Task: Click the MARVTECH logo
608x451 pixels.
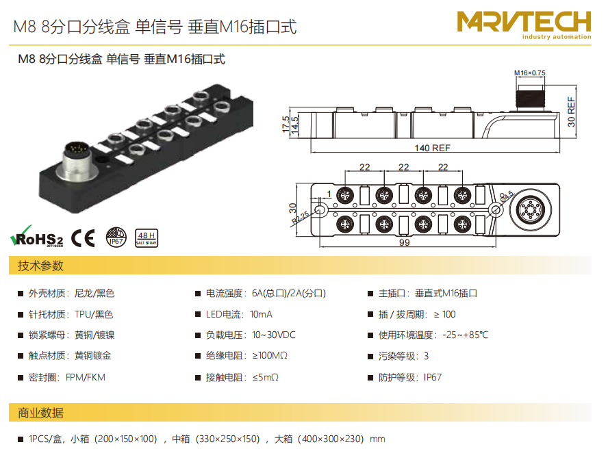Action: (x=524, y=25)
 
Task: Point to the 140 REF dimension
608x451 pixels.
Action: (x=432, y=148)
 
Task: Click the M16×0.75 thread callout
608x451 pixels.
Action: (x=529, y=73)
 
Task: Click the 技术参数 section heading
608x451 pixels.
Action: (x=41, y=266)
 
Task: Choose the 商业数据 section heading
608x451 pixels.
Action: (x=41, y=413)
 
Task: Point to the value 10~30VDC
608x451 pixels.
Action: (x=274, y=335)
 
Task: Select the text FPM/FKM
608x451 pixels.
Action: (x=86, y=377)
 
